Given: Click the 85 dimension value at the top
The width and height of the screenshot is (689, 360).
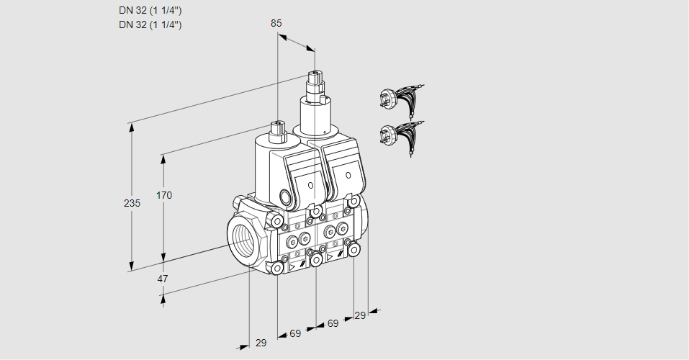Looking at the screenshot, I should (276, 23).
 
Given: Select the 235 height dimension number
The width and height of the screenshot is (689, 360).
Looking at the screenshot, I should (132, 204).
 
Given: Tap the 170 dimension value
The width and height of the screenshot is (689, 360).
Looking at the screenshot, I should (164, 195).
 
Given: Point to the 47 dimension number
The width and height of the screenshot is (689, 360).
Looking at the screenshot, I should (164, 279).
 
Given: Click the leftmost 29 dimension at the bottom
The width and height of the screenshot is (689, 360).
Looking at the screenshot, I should (261, 343).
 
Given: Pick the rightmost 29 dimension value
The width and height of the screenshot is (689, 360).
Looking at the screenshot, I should (360, 315).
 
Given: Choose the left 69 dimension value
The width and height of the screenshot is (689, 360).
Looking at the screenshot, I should (295, 333).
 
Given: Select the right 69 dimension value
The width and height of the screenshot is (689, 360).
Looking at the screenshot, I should (333, 324).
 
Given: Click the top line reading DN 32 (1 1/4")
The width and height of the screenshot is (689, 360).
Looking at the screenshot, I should (150, 11).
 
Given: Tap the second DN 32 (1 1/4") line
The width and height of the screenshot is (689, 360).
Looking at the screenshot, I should (150, 24).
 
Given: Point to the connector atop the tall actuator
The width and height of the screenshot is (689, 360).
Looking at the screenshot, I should (315, 78).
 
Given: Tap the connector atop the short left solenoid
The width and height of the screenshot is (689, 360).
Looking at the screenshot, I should (277, 130).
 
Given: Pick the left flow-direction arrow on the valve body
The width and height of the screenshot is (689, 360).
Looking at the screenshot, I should (292, 266).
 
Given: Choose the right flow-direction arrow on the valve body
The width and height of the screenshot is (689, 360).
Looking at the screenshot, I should (330, 256).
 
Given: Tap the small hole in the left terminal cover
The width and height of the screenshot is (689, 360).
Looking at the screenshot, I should (310, 186).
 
